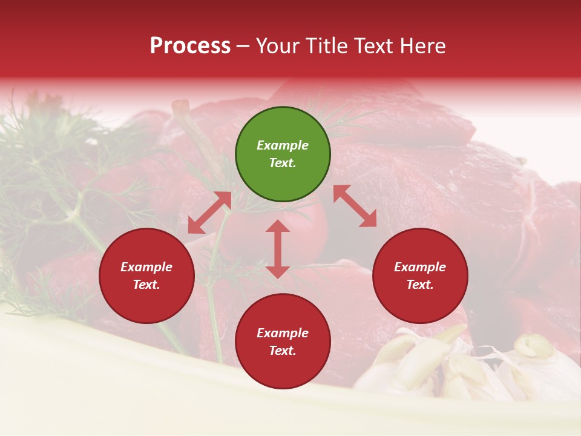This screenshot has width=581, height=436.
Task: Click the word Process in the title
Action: (x=190, y=46)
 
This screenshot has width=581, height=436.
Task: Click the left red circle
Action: (x=146, y=276)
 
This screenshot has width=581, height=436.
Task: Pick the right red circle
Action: (x=420, y=276)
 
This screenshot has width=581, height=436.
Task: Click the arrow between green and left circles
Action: (x=209, y=213)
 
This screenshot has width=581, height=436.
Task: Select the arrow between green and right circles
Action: (x=355, y=206)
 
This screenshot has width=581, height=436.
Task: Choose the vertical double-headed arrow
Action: (x=278, y=249)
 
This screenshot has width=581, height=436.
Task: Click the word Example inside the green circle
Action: (x=283, y=145)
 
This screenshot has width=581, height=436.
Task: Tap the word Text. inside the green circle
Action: (x=283, y=163)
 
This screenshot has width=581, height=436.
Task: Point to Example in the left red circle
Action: (x=146, y=267)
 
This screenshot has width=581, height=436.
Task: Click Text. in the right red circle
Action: (x=420, y=285)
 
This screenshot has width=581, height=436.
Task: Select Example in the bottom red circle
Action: (x=283, y=333)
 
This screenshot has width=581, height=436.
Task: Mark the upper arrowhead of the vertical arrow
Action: (x=278, y=226)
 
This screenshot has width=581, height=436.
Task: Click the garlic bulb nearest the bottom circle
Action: (x=412, y=363)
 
